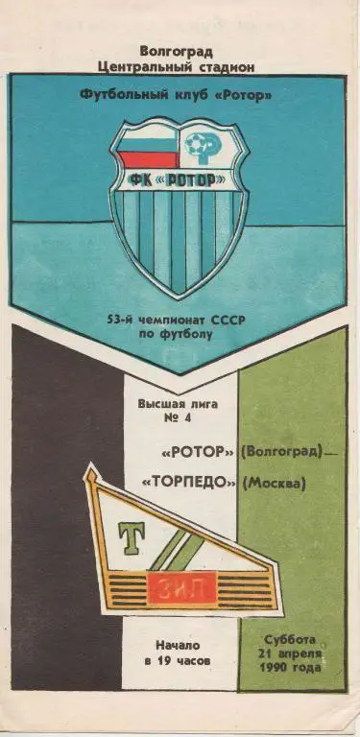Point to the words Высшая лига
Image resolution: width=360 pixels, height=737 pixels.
180,404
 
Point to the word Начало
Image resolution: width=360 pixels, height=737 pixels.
180,645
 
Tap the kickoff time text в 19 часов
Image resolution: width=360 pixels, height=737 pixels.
180,661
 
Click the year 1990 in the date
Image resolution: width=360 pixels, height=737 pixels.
273,669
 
